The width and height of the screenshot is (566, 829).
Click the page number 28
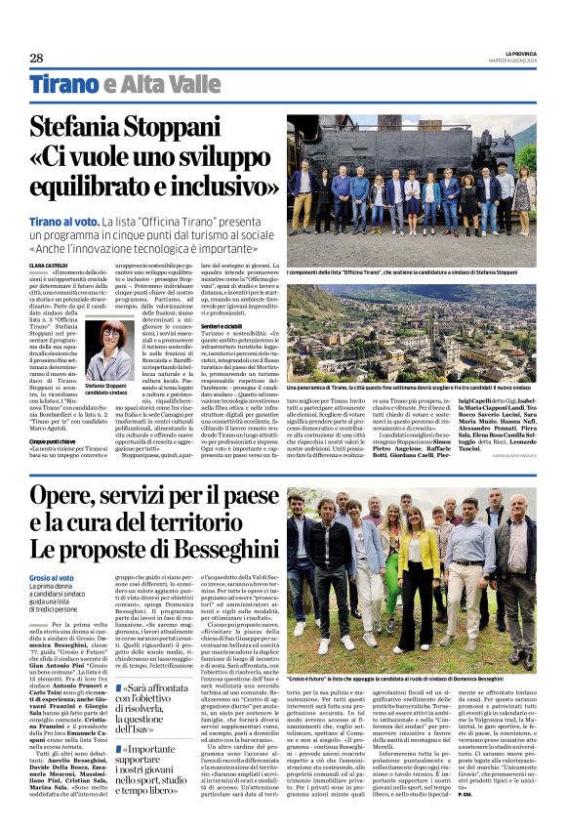pyautogui.click(x=36, y=58)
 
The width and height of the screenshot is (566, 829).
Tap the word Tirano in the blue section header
pyautogui.click(x=64, y=84)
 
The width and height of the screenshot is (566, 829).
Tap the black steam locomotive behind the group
pyautogui.click(x=322, y=146)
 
